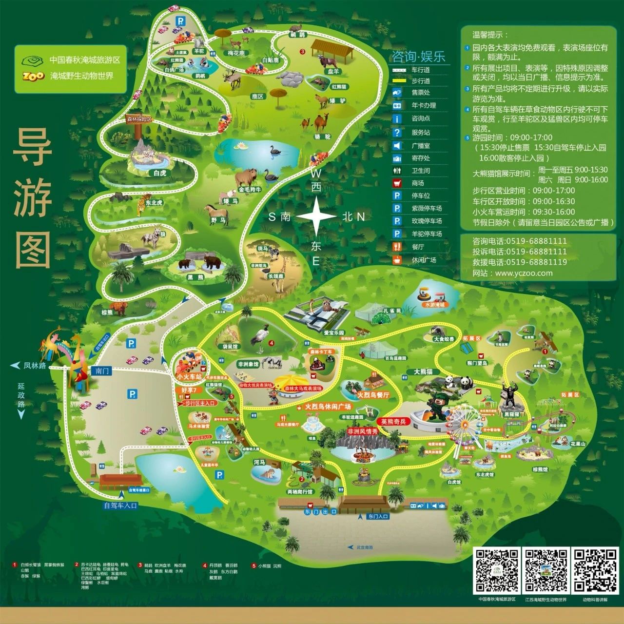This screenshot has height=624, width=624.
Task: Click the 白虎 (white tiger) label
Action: (160, 173)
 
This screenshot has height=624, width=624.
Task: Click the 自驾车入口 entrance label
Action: (121, 506)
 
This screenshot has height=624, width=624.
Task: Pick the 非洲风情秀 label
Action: (362, 431)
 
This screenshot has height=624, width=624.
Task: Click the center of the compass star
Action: (316, 217)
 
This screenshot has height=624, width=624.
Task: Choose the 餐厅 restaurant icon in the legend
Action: (398, 247)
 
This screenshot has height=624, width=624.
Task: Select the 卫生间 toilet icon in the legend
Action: (398, 171)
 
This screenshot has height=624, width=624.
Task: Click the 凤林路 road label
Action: (35, 365)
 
